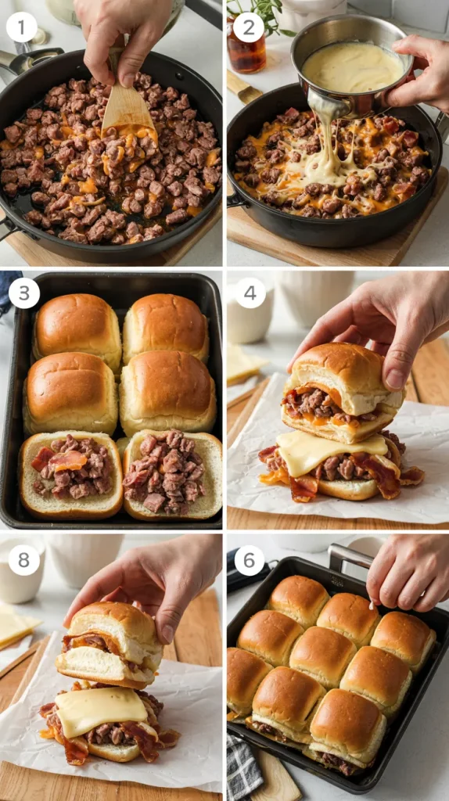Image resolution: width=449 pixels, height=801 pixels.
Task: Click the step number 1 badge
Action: (x=21, y=27)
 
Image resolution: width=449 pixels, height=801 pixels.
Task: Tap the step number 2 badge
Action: (x=248, y=27)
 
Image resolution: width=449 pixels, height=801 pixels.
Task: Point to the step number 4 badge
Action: (x=250, y=293)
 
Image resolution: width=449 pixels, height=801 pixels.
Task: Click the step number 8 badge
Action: (x=24, y=560)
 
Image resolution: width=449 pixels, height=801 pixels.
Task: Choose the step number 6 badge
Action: (x=250, y=560)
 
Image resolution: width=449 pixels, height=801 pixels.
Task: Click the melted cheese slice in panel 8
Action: (x=101, y=712)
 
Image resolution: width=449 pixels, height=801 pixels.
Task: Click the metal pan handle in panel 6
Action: (x=351, y=556)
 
